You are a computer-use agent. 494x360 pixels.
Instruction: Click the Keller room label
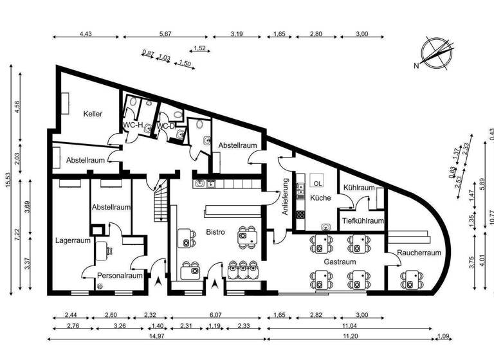(x=93, y=114)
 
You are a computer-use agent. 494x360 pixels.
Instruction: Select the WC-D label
(x=166, y=125)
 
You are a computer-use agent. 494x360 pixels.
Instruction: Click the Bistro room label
(x=215, y=232)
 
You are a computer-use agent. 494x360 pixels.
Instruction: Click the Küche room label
(x=319, y=198)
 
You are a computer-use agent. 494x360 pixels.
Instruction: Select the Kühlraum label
(x=359, y=188)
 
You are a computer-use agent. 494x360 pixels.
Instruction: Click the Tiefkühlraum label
(x=361, y=221)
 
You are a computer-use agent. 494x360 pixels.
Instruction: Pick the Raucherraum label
(x=419, y=253)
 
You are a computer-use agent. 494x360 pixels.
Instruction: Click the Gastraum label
(x=340, y=263)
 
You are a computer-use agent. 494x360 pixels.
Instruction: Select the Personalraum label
(x=120, y=276)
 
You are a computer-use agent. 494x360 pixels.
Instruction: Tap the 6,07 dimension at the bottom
(x=215, y=316)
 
